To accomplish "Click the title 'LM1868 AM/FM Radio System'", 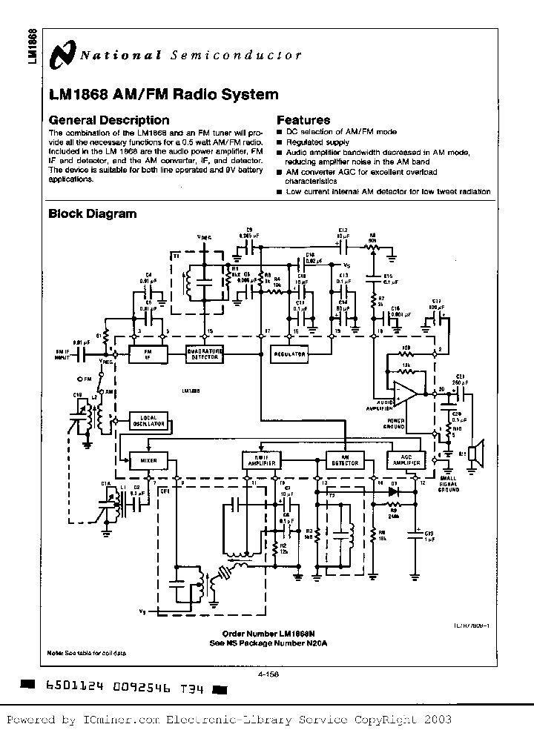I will (163, 95).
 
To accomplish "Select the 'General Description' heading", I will (108, 120).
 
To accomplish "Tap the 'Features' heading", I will (303, 120).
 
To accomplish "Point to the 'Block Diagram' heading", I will (92, 213).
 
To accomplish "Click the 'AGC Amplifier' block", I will (403, 461).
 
